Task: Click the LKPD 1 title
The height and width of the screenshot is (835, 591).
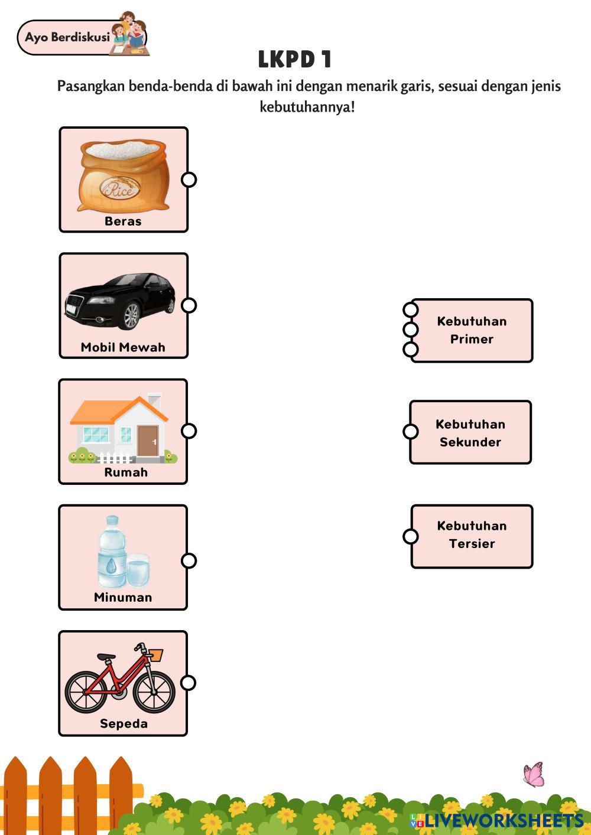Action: [x=294, y=59]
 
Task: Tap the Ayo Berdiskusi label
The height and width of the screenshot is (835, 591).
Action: [x=67, y=37]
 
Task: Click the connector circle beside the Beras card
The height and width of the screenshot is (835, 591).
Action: [x=189, y=180]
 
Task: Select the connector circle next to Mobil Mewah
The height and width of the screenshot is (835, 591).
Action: [x=189, y=305]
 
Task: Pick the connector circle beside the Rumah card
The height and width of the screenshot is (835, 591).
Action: [x=189, y=431]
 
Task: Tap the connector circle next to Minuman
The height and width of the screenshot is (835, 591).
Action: [x=189, y=560]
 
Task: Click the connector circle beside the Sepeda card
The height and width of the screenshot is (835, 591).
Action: [x=188, y=683]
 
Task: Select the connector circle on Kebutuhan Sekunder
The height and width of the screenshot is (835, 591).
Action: [x=410, y=431]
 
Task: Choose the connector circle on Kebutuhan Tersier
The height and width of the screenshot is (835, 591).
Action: [x=410, y=536]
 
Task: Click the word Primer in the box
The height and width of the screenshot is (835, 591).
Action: [x=472, y=339]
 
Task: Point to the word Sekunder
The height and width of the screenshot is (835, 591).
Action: [x=470, y=442]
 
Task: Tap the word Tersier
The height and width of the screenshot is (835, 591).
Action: [x=472, y=543]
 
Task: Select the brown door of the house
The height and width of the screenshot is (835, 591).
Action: [x=148, y=441]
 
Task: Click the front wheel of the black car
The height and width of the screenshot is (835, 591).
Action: [x=132, y=317]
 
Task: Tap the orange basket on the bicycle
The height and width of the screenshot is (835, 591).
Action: [x=155, y=654]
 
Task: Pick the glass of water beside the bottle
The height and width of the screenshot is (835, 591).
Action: [x=138, y=570]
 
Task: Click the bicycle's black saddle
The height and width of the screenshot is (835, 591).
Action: [x=106, y=656]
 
